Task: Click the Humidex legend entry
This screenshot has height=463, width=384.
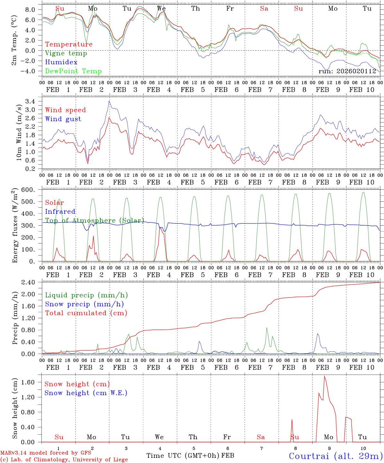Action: click(x=61, y=62)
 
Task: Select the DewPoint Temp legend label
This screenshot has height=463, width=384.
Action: click(x=73, y=71)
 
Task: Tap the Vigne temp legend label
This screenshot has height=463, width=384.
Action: click(x=66, y=53)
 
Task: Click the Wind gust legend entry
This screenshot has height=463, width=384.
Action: click(x=63, y=119)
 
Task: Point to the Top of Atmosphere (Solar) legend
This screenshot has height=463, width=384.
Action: click(x=94, y=221)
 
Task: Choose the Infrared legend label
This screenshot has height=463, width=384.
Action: click(x=60, y=212)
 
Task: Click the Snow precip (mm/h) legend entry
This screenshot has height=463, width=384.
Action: click(x=84, y=304)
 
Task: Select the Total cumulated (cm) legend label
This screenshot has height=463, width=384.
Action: click(x=86, y=313)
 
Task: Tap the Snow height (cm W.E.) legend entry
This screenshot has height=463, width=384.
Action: click(x=86, y=393)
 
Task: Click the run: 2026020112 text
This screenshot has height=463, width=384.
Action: click(x=347, y=71)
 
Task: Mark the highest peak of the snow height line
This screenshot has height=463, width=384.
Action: click(x=324, y=376)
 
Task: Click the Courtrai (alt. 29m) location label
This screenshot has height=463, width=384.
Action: click(x=336, y=456)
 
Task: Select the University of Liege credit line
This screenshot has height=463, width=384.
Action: click(x=64, y=460)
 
